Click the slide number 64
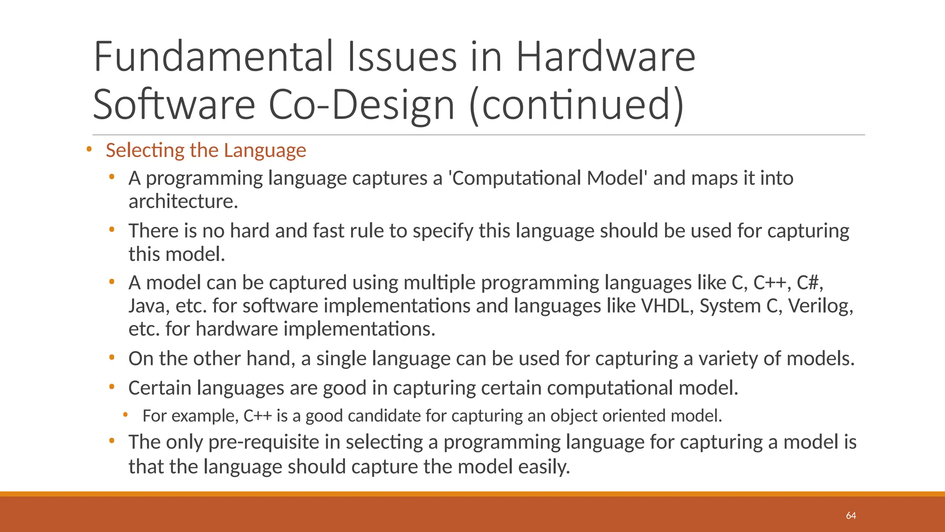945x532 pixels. click(x=851, y=516)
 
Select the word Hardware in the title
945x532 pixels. click(x=605, y=57)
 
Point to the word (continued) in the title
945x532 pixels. click(x=576, y=105)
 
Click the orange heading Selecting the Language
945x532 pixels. click(x=206, y=151)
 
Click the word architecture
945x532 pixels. click(x=183, y=202)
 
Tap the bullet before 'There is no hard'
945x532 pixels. click(x=112, y=229)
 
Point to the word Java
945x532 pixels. click(x=146, y=306)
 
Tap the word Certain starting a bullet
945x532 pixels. click(x=160, y=388)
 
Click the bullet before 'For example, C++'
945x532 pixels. click(x=125, y=415)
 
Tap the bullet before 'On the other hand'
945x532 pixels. click(x=112, y=357)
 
